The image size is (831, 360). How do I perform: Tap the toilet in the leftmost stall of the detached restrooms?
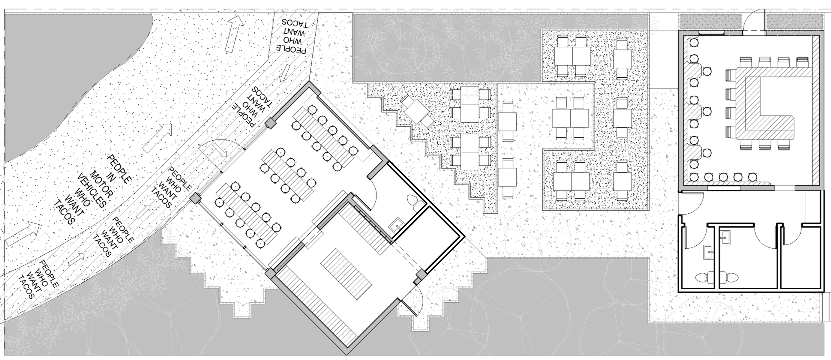point(703,277)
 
